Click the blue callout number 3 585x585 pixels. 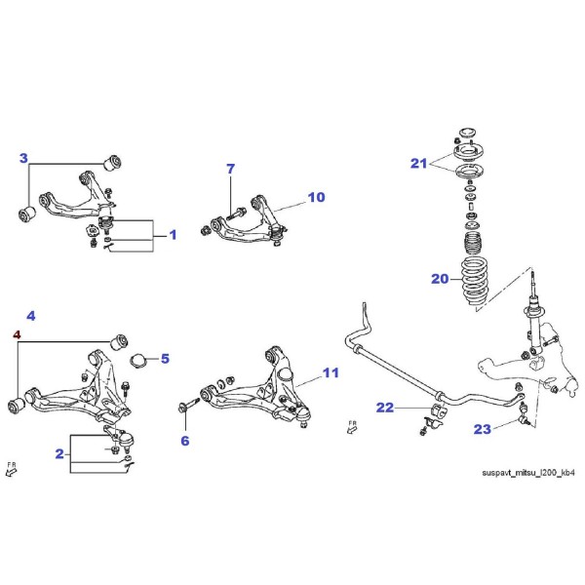(23, 158)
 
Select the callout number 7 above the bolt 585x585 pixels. (231, 169)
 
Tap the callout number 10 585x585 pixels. (316, 197)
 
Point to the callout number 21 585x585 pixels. (418, 164)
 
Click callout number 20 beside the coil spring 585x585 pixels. (440, 279)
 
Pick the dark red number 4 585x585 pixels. (17, 334)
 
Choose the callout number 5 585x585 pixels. (166, 359)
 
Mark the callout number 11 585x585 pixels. (331, 372)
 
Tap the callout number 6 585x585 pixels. (185, 441)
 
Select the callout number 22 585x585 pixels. (385, 408)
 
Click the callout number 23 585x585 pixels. (483, 429)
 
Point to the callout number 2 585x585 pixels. (59, 454)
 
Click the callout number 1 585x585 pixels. (173, 235)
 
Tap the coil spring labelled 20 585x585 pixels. (475, 283)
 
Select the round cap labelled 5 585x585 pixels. (138, 361)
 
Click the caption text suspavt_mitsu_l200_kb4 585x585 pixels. (528, 473)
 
